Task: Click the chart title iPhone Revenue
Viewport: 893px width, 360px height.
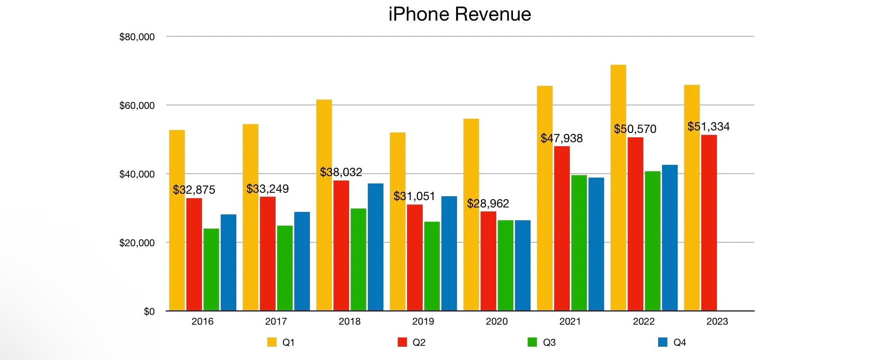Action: click(459, 14)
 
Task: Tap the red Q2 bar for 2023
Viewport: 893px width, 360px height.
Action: click(709, 223)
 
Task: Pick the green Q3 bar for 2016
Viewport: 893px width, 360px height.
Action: click(211, 269)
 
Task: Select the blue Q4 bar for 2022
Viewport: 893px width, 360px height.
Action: click(669, 237)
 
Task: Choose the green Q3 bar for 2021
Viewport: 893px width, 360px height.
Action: click(579, 243)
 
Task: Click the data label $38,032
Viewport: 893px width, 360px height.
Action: click(341, 172)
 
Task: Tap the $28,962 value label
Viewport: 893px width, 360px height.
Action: click(488, 204)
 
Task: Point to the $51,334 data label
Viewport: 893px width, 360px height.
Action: click(708, 127)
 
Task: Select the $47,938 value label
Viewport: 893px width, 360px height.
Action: click(561, 138)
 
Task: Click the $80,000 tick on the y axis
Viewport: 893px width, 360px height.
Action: click(137, 37)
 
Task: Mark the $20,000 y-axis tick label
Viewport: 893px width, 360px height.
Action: click(137, 243)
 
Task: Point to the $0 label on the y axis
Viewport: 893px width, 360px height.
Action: click(149, 311)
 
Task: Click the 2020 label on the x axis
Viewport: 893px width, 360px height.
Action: click(496, 322)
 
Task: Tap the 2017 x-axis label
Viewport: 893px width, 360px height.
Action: click(276, 322)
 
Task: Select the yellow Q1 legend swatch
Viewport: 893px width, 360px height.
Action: click(272, 342)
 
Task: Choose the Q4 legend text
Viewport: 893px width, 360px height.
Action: click(679, 342)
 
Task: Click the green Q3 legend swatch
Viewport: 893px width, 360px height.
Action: click(532, 342)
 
